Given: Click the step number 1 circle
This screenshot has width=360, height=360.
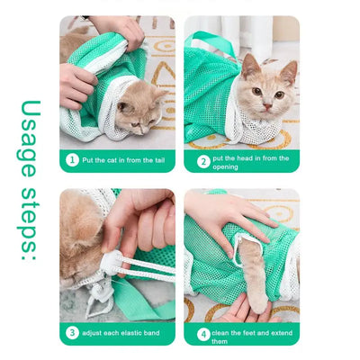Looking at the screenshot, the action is (x=72, y=160).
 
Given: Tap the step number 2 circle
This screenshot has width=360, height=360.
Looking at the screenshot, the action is (x=203, y=162).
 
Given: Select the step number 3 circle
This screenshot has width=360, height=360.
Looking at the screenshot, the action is (x=72, y=333).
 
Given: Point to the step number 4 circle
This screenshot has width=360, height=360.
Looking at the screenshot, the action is (x=203, y=335).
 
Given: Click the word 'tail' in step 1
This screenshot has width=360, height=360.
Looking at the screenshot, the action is (x=159, y=160).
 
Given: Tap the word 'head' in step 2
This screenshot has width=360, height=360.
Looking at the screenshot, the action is (x=245, y=158).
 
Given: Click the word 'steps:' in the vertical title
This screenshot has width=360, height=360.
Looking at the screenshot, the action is (x=30, y=223).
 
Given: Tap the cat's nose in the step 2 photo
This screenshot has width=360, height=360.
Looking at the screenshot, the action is (x=267, y=106).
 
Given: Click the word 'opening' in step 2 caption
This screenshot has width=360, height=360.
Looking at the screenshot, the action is (x=225, y=167).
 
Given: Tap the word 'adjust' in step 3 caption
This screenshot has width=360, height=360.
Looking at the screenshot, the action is (x=92, y=333).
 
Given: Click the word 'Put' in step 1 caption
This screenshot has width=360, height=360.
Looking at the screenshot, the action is (x=87, y=160).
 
